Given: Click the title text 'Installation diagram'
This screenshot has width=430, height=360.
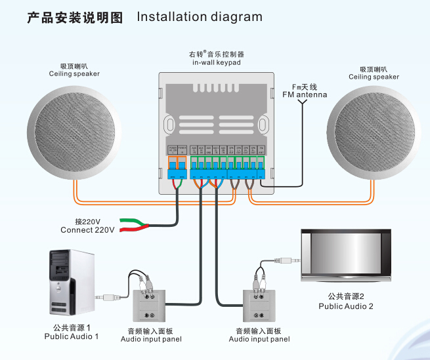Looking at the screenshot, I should (199, 17).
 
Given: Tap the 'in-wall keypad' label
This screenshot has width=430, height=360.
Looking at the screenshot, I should (216, 63).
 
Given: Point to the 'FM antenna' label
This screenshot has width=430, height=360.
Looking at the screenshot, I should (304, 95).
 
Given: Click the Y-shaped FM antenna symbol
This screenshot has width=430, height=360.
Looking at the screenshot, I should (302, 105).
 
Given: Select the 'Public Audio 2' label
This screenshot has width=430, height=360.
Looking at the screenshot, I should (346, 306).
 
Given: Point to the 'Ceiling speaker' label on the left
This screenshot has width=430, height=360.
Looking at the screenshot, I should (74, 74).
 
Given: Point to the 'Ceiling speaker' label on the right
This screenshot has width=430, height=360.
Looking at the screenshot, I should (374, 77).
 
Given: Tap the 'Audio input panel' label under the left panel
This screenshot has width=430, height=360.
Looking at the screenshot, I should (151, 339).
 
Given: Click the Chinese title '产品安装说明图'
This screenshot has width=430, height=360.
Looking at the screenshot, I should (75, 18).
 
